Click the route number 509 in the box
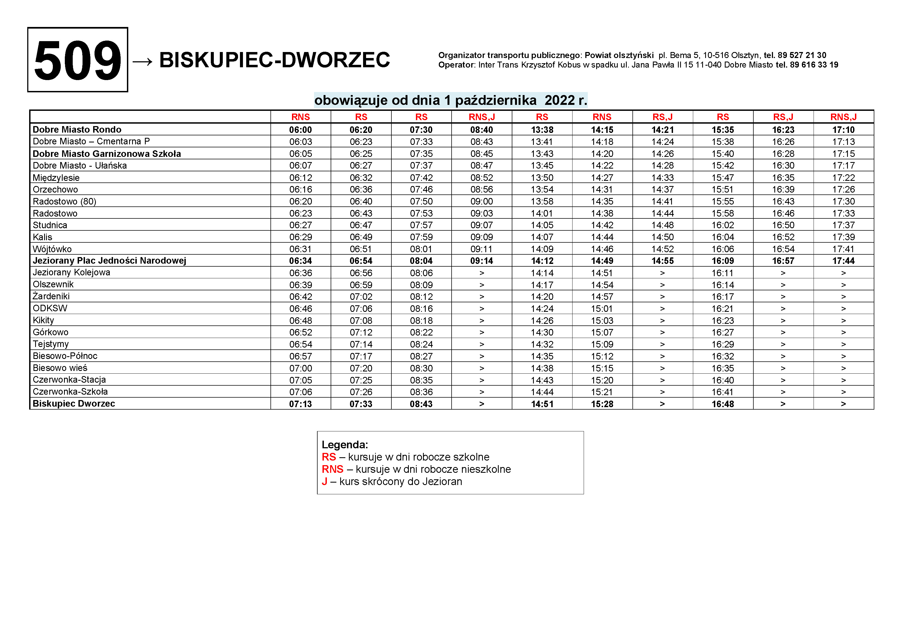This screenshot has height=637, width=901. coord(77,60)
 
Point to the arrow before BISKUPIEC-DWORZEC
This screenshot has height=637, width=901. coord(142,61)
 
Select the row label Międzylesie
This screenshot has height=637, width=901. coord(56,178)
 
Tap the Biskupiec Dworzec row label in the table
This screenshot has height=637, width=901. coord(74,404)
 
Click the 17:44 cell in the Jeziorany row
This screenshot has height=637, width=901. coord(843,261)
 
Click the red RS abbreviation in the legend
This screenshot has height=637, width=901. coord(329,457)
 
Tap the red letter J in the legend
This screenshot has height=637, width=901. coord(325,481)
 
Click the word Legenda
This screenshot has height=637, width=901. coord(345,445)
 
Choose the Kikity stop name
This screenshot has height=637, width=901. coord(44,320)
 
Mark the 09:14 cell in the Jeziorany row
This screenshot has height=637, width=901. coord(482,261)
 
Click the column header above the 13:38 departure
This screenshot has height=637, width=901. coord(542,117)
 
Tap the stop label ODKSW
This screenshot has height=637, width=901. coord(50,309)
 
